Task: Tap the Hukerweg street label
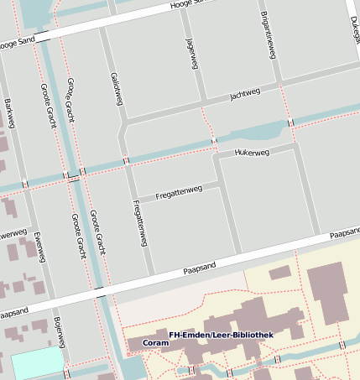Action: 252,153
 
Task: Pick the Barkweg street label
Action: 9,113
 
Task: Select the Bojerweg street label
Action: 58,331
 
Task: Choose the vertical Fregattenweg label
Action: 139,223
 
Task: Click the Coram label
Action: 154,343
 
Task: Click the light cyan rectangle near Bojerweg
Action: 36,363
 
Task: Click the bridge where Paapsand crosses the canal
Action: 100,293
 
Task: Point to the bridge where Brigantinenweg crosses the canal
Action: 290,122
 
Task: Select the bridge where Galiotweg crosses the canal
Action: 126,160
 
